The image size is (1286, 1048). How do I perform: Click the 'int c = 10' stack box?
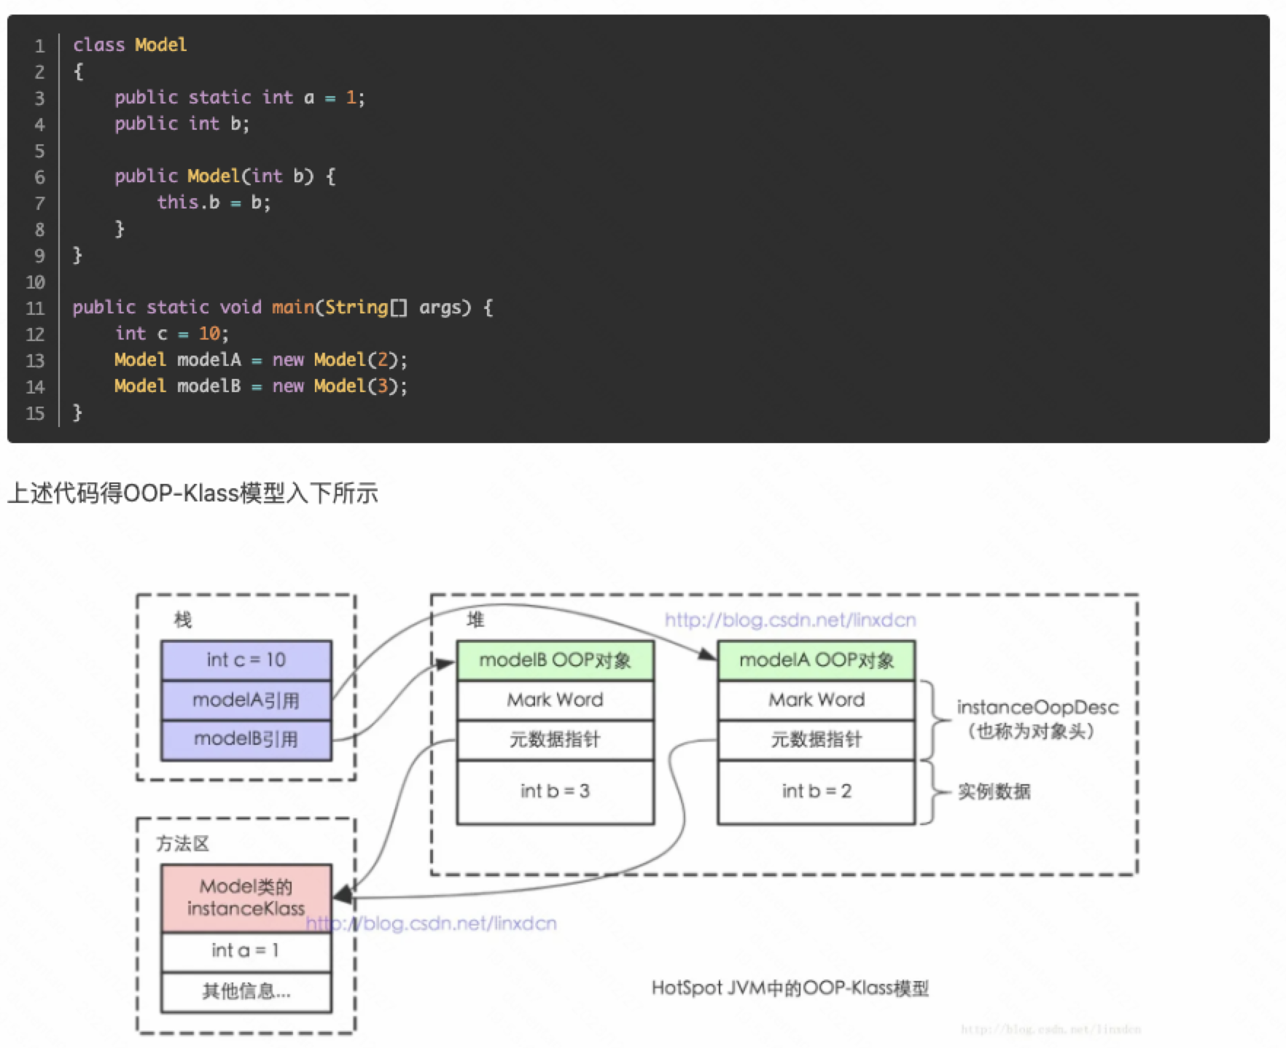click(246, 660)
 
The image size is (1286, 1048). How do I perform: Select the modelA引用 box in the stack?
click(246, 700)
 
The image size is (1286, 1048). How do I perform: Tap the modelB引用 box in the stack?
click(246, 740)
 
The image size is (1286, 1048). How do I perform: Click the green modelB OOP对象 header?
click(555, 660)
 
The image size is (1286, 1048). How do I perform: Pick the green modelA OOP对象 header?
click(816, 660)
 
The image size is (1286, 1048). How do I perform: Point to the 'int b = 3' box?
click(555, 791)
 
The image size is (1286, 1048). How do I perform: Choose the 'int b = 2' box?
click(816, 791)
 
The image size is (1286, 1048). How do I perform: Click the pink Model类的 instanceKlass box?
click(246, 897)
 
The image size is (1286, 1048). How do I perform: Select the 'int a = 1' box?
click(246, 950)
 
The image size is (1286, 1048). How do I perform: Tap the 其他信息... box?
click(246, 991)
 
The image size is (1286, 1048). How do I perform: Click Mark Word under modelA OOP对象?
click(816, 700)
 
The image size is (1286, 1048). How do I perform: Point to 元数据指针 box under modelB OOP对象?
click(555, 740)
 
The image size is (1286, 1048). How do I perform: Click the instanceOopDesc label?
click(1037, 708)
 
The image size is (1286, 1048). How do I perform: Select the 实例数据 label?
click(994, 791)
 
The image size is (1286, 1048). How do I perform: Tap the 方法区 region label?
click(182, 844)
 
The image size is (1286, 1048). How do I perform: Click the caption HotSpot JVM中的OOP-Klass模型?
click(790, 988)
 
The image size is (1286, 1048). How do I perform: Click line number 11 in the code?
click(36, 308)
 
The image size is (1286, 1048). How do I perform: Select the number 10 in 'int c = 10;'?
click(209, 334)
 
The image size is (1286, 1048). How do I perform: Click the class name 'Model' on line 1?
click(160, 45)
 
